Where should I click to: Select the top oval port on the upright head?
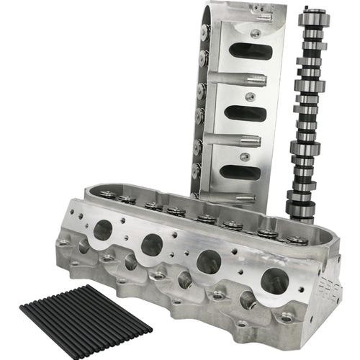(x=248, y=51)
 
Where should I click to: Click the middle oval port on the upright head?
(x=246, y=113)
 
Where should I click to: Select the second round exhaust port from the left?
(x=151, y=245)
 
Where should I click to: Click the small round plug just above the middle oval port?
(x=249, y=96)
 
